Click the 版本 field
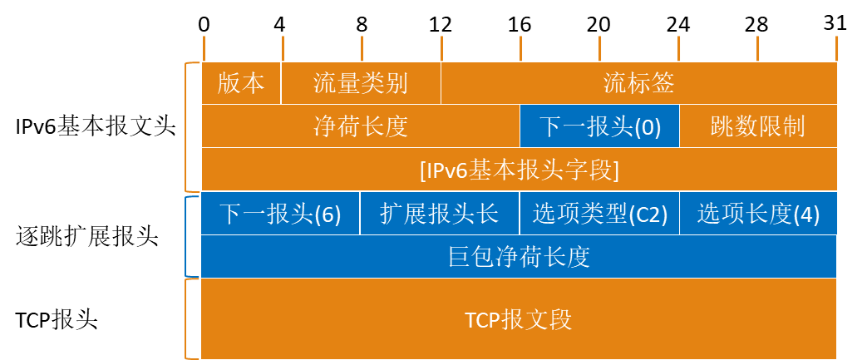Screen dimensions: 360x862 click(x=241, y=83)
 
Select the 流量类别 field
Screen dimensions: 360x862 click(x=361, y=83)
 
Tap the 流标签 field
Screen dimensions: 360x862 click(x=638, y=83)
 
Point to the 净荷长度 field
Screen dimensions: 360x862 click(x=361, y=126)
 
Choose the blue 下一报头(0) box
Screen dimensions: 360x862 click(x=599, y=126)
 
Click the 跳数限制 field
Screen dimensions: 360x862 click(x=758, y=126)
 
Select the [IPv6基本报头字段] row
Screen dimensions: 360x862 click(x=520, y=170)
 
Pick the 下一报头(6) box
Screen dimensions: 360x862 click(x=280, y=214)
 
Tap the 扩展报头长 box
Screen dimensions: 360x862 click(x=440, y=214)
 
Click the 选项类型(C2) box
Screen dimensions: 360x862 click(x=599, y=214)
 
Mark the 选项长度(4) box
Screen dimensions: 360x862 click(x=758, y=214)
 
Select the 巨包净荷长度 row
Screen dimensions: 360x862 click(x=520, y=256)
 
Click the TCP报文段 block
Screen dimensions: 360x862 click(x=520, y=319)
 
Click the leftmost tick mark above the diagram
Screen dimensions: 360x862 click(x=204, y=47)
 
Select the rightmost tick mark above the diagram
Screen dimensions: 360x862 click(x=837, y=47)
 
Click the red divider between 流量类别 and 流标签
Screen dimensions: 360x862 click(x=441, y=83)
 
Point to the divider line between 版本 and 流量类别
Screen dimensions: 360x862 click(x=282, y=83)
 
